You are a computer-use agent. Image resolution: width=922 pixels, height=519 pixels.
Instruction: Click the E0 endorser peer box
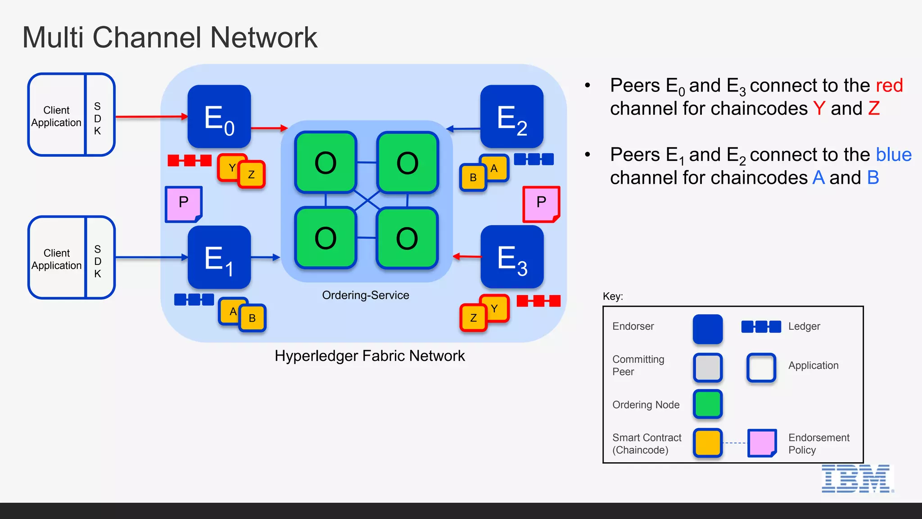(x=219, y=117)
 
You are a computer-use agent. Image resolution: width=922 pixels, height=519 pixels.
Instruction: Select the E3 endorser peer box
(x=512, y=257)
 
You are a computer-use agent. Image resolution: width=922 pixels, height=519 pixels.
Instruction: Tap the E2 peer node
(x=512, y=117)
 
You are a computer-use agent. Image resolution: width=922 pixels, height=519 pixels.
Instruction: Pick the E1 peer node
(x=219, y=257)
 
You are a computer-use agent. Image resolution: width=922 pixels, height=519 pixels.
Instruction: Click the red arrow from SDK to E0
(x=151, y=117)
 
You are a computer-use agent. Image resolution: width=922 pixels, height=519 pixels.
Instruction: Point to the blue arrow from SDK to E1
(x=151, y=257)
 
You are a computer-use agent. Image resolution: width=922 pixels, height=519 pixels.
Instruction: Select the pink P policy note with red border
(x=541, y=204)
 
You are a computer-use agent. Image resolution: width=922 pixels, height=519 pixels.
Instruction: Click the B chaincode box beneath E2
(x=473, y=178)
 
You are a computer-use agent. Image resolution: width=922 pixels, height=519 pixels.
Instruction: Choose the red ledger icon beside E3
(x=538, y=301)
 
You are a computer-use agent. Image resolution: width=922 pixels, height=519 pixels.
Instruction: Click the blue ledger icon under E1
(x=194, y=300)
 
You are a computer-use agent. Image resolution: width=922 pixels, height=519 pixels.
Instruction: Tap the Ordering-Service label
(x=365, y=295)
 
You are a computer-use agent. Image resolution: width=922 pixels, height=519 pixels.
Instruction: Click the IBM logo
(x=857, y=478)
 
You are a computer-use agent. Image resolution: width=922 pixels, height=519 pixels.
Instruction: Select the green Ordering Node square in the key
(x=708, y=404)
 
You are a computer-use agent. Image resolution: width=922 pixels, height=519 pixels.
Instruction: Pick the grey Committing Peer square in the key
(x=708, y=368)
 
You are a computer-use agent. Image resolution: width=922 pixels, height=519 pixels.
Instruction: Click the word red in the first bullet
(x=889, y=86)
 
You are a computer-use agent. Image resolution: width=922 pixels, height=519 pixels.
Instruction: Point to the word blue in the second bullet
(x=894, y=155)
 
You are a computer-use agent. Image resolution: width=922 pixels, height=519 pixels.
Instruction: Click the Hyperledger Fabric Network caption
(x=370, y=356)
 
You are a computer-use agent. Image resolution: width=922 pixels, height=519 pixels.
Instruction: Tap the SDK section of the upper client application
(x=98, y=118)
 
